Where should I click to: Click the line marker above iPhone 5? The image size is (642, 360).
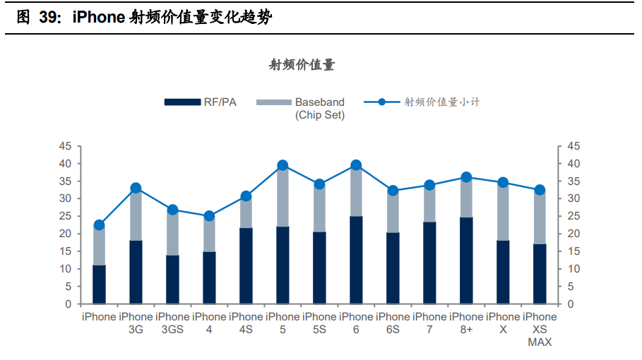click(x=283, y=165)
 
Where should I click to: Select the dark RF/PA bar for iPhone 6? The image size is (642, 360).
click(x=356, y=260)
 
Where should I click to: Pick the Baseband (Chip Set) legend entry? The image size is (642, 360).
click(x=319, y=109)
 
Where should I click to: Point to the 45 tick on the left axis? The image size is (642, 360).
click(x=65, y=146)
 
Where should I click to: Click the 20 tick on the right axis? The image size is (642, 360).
click(x=573, y=234)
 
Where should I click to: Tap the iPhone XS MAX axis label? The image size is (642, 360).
click(x=540, y=330)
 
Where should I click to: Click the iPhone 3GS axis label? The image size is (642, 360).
click(x=172, y=323)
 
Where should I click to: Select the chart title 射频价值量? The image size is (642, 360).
click(x=302, y=65)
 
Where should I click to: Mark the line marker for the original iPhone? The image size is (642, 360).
click(x=99, y=225)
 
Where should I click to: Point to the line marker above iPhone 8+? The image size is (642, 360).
click(x=466, y=177)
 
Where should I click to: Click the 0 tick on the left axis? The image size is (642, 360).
click(x=68, y=304)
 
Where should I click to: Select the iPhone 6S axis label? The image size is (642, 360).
click(x=393, y=323)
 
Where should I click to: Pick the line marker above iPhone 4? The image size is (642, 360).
click(x=209, y=216)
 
